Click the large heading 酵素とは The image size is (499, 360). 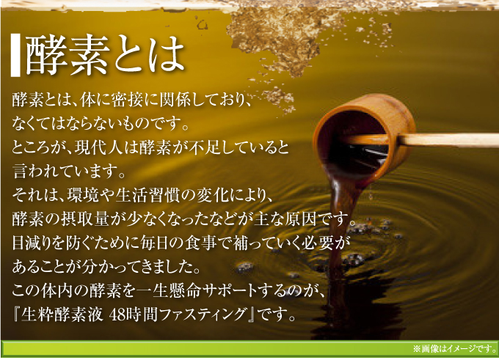tap(106, 55)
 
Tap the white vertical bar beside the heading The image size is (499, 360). tap(15, 55)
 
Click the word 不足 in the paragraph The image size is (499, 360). tap(205, 147)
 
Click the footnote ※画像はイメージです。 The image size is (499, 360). tap(454, 348)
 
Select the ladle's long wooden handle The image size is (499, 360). tap(445, 140)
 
